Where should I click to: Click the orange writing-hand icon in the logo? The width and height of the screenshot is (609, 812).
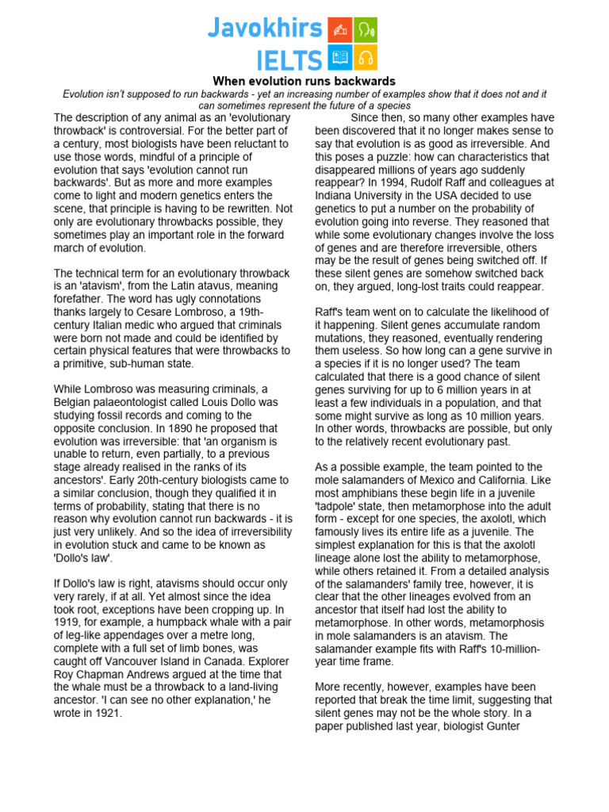pyautogui.click(x=340, y=29)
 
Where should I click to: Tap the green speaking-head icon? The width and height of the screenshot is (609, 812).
pyautogui.click(x=366, y=29)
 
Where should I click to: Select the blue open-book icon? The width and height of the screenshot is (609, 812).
pyautogui.click(x=340, y=57)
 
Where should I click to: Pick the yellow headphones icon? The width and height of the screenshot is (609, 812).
pyautogui.click(x=366, y=57)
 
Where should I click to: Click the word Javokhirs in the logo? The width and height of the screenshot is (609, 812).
pyautogui.click(x=265, y=29)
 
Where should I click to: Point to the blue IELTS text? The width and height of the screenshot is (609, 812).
pyautogui.click(x=289, y=59)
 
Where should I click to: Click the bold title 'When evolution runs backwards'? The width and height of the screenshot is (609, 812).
pyautogui.click(x=304, y=82)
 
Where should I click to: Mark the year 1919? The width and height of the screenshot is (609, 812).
pyautogui.click(x=69, y=621)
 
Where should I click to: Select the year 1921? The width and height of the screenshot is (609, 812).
pyautogui.click(x=105, y=712)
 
